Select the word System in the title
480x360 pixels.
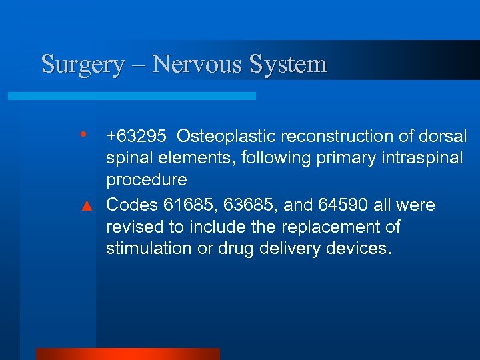288,65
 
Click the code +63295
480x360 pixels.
137,137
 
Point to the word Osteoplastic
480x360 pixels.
226,137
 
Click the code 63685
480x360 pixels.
249,205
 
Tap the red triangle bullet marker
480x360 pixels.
85,205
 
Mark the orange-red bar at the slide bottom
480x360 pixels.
127,353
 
